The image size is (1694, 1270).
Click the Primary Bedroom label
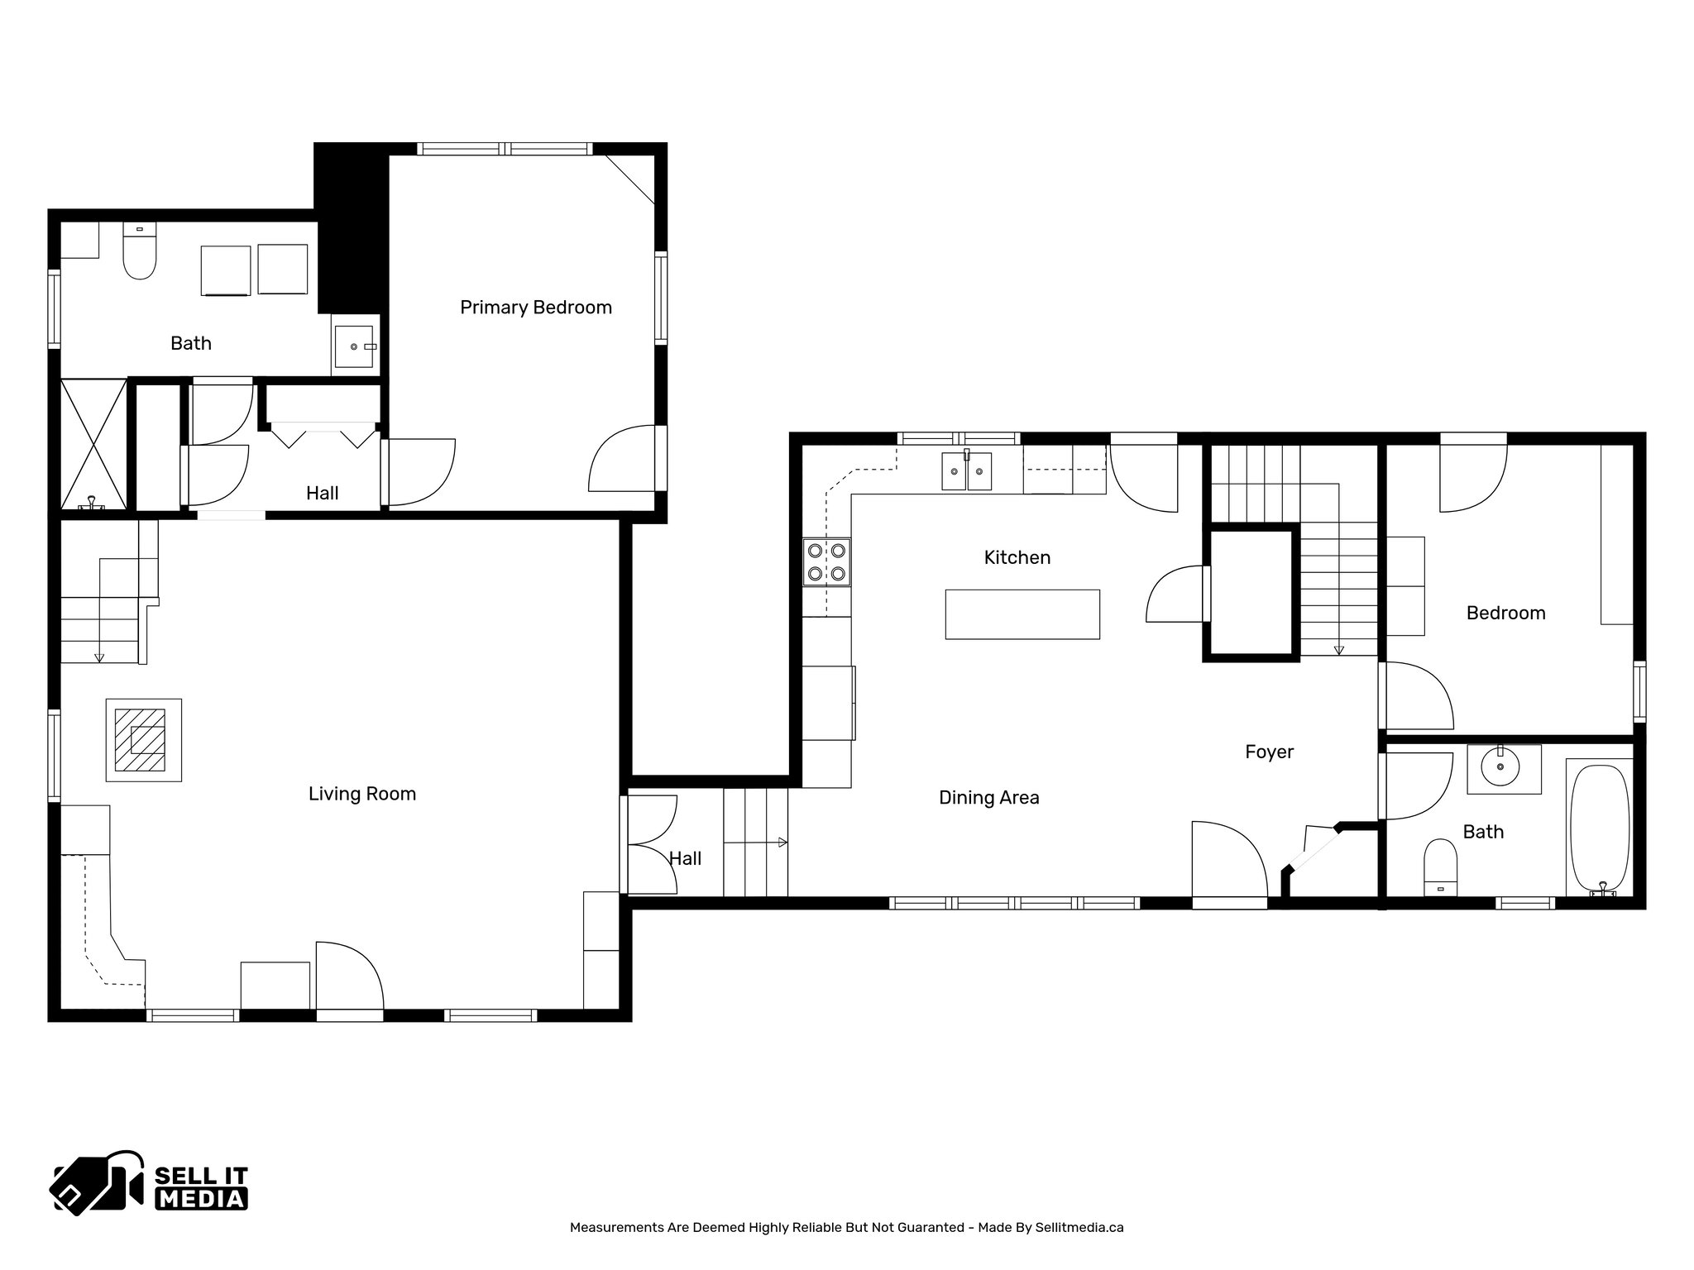pyautogui.click(x=535, y=308)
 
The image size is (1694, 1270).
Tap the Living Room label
pyautogui.click(x=361, y=794)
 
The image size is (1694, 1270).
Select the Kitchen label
pyautogui.click(x=1017, y=557)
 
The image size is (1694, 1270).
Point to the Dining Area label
pyautogui.click(x=988, y=798)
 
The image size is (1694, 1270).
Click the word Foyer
pyautogui.click(x=1269, y=752)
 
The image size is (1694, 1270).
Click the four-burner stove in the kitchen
pyautogui.click(x=826, y=562)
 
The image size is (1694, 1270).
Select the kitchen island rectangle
pyautogui.click(x=1022, y=614)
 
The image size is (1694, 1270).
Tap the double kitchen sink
pyautogui.click(x=966, y=472)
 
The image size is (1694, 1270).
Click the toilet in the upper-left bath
pyautogui.click(x=139, y=252)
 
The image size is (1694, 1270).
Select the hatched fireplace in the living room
pyautogui.click(x=143, y=740)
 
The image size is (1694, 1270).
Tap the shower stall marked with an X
pyautogui.click(x=93, y=443)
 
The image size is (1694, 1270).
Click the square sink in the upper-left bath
pyautogui.click(x=356, y=347)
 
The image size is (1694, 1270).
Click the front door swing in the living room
pyautogui.click(x=349, y=976)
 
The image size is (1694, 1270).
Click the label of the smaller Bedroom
pyautogui.click(x=1505, y=614)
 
